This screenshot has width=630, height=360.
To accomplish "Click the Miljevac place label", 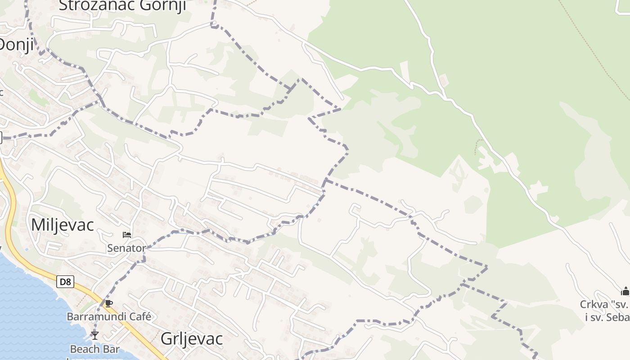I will coord(62,225).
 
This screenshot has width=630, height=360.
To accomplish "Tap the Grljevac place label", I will coord(192,339).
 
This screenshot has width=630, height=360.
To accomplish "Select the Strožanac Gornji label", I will coord(122,5).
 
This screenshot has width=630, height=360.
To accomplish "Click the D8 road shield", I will coord(65,282).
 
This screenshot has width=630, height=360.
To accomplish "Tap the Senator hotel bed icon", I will coord(127,234).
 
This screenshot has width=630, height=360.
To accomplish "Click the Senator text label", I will coord(126,248).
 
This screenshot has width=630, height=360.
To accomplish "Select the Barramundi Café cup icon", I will coord(108,303).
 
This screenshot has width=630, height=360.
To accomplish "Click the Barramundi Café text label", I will coord(109,316).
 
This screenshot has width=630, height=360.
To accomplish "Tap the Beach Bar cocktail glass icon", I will coord(94,335).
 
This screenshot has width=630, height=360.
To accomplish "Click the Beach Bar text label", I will coord(95,349).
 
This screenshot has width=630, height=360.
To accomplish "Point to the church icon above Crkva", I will coord(625,291).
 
